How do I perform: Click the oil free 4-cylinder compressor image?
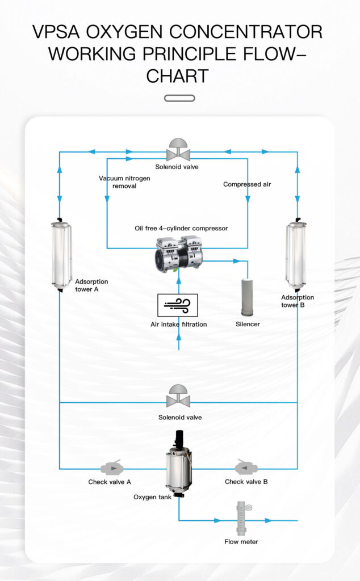coord(179,255)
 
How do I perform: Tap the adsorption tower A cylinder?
coord(61,254)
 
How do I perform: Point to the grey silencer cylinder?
coord(247,297)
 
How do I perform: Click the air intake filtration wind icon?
coord(178,305)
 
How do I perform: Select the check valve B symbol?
coord(246,468)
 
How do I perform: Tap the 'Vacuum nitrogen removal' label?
coord(124,182)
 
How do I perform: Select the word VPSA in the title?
coord(60,31)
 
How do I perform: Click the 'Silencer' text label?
coord(248,325)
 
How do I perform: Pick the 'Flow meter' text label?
coord(241,542)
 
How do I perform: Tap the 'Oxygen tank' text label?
coord(152,497)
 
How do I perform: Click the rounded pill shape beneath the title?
coord(179,98)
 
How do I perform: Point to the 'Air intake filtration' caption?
coord(178,325)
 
